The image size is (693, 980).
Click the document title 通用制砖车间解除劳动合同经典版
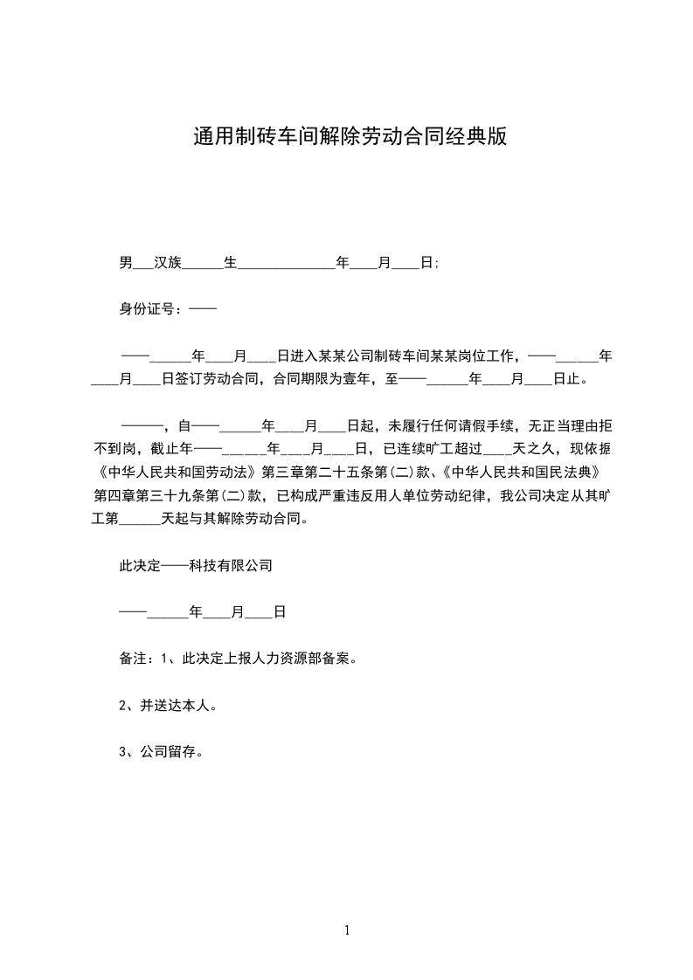pos(350,137)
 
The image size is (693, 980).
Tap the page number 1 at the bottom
pos(347,930)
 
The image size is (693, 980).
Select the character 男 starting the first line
pos(126,262)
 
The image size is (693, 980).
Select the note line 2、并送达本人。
pos(168,705)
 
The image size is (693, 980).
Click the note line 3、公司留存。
pos(163,751)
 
